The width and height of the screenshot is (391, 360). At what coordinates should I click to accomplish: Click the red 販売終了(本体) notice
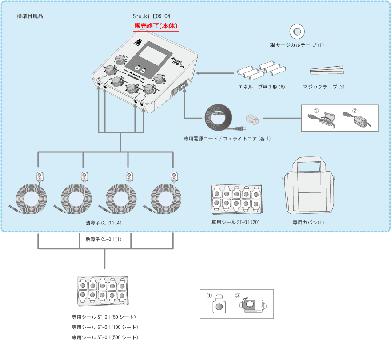[x=156, y=26]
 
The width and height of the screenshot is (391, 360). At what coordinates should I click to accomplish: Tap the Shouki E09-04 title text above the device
[x=152, y=16]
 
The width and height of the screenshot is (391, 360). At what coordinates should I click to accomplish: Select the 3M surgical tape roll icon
[x=297, y=32]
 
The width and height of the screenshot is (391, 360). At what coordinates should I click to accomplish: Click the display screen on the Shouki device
[x=154, y=56]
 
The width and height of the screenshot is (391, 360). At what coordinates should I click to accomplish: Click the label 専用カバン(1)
[x=308, y=222]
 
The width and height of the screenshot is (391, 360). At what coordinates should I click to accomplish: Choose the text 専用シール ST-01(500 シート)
[x=105, y=338]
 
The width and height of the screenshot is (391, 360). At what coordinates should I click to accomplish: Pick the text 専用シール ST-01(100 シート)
[x=105, y=328]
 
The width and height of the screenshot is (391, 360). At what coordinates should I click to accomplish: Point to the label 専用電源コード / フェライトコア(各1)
[x=227, y=139]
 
